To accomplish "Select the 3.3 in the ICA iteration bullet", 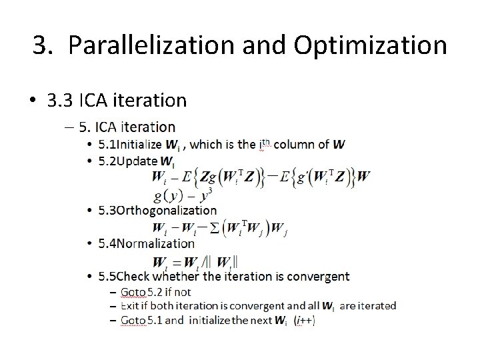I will [x=60, y=100].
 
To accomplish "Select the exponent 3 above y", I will [x=210, y=191].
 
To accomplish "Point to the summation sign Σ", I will [x=213, y=228].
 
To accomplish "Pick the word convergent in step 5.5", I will [x=320, y=276].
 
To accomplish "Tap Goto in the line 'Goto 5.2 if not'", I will [x=132, y=292].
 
